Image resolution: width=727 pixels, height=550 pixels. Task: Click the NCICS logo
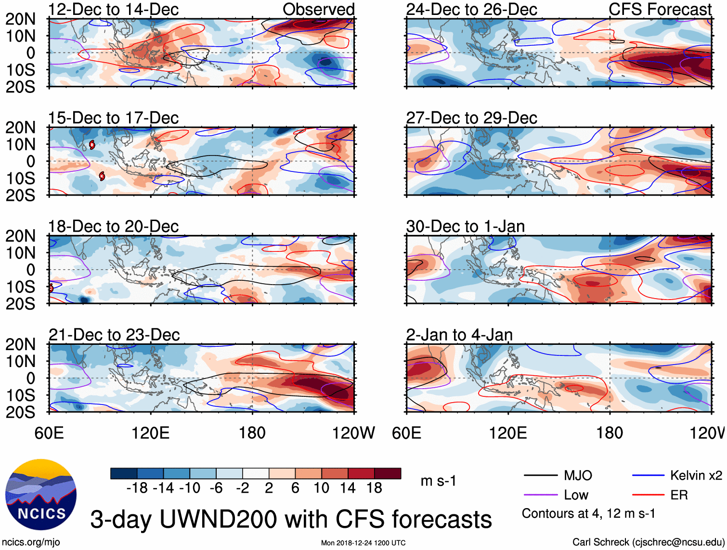(x=40, y=495)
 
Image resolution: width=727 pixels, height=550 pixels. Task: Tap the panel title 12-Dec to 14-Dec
(x=113, y=9)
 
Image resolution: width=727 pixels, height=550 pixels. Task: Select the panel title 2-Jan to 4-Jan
(x=459, y=334)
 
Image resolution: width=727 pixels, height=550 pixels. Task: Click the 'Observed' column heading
(x=318, y=9)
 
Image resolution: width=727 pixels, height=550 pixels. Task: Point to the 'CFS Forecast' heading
(x=660, y=9)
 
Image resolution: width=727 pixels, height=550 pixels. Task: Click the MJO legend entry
(x=577, y=476)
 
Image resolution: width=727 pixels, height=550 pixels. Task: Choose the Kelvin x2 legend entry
(x=696, y=476)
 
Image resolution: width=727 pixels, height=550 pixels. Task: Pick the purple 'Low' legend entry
(x=576, y=495)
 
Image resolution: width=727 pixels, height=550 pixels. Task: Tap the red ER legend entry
(x=679, y=495)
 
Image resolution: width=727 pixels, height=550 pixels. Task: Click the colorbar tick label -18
(x=137, y=488)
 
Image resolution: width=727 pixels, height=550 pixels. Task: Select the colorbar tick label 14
(x=348, y=488)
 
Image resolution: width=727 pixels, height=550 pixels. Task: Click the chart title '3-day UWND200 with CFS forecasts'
(x=291, y=519)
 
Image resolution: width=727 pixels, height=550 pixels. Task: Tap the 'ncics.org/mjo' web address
(x=31, y=542)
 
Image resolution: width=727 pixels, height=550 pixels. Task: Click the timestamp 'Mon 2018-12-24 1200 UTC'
(x=363, y=543)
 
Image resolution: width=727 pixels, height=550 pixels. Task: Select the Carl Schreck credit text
(x=648, y=542)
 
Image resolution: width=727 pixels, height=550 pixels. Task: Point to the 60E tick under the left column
(x=49, y=432)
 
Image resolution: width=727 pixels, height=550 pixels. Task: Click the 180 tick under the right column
(x=610, y=432)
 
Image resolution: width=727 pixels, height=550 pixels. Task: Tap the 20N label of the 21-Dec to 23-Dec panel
(x=20, y=344)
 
